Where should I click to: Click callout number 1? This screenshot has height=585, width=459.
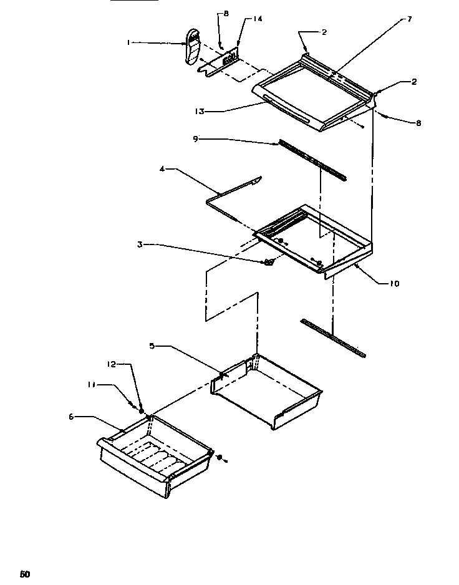[x=129, y=42]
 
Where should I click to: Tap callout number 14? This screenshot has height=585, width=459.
[x=258, y=19]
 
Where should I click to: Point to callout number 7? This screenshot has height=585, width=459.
[x=409, y=19]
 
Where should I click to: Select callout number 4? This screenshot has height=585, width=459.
[x=162, y=168]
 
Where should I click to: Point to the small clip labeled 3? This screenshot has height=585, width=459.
[x=269, y=262]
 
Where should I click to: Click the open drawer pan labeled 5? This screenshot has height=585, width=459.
[x=268, y=393]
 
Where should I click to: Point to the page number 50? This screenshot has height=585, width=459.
[x=24, y=574]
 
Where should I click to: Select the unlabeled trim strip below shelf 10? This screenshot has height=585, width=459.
[x=333, y=338]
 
